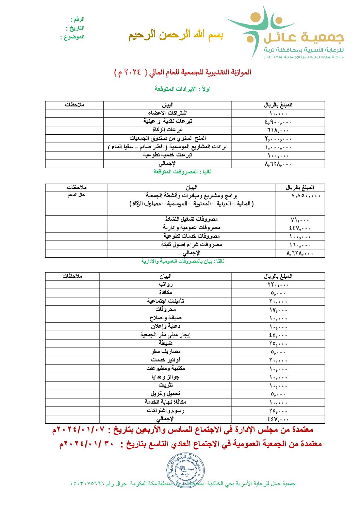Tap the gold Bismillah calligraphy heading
tap(176, 35)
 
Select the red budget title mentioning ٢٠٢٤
tap(183, 72)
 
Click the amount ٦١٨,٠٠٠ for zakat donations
tap(278, 131)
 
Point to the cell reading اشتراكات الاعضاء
tap(167, 113)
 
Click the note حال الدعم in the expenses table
tap(76, 195)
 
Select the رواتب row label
tap(166, 285)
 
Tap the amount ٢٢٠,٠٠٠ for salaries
tap(278, 285)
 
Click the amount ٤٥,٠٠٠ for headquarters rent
tap(278, 336)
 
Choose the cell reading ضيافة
tap(166, 343)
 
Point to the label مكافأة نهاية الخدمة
tap(166, 402)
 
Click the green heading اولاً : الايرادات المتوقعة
tap(182, 89)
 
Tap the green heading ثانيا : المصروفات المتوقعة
tap(182, 172)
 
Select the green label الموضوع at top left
tap(72, 37)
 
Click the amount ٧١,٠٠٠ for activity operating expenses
tap(299, 220)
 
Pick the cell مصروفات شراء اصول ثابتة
tap(192, 245)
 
